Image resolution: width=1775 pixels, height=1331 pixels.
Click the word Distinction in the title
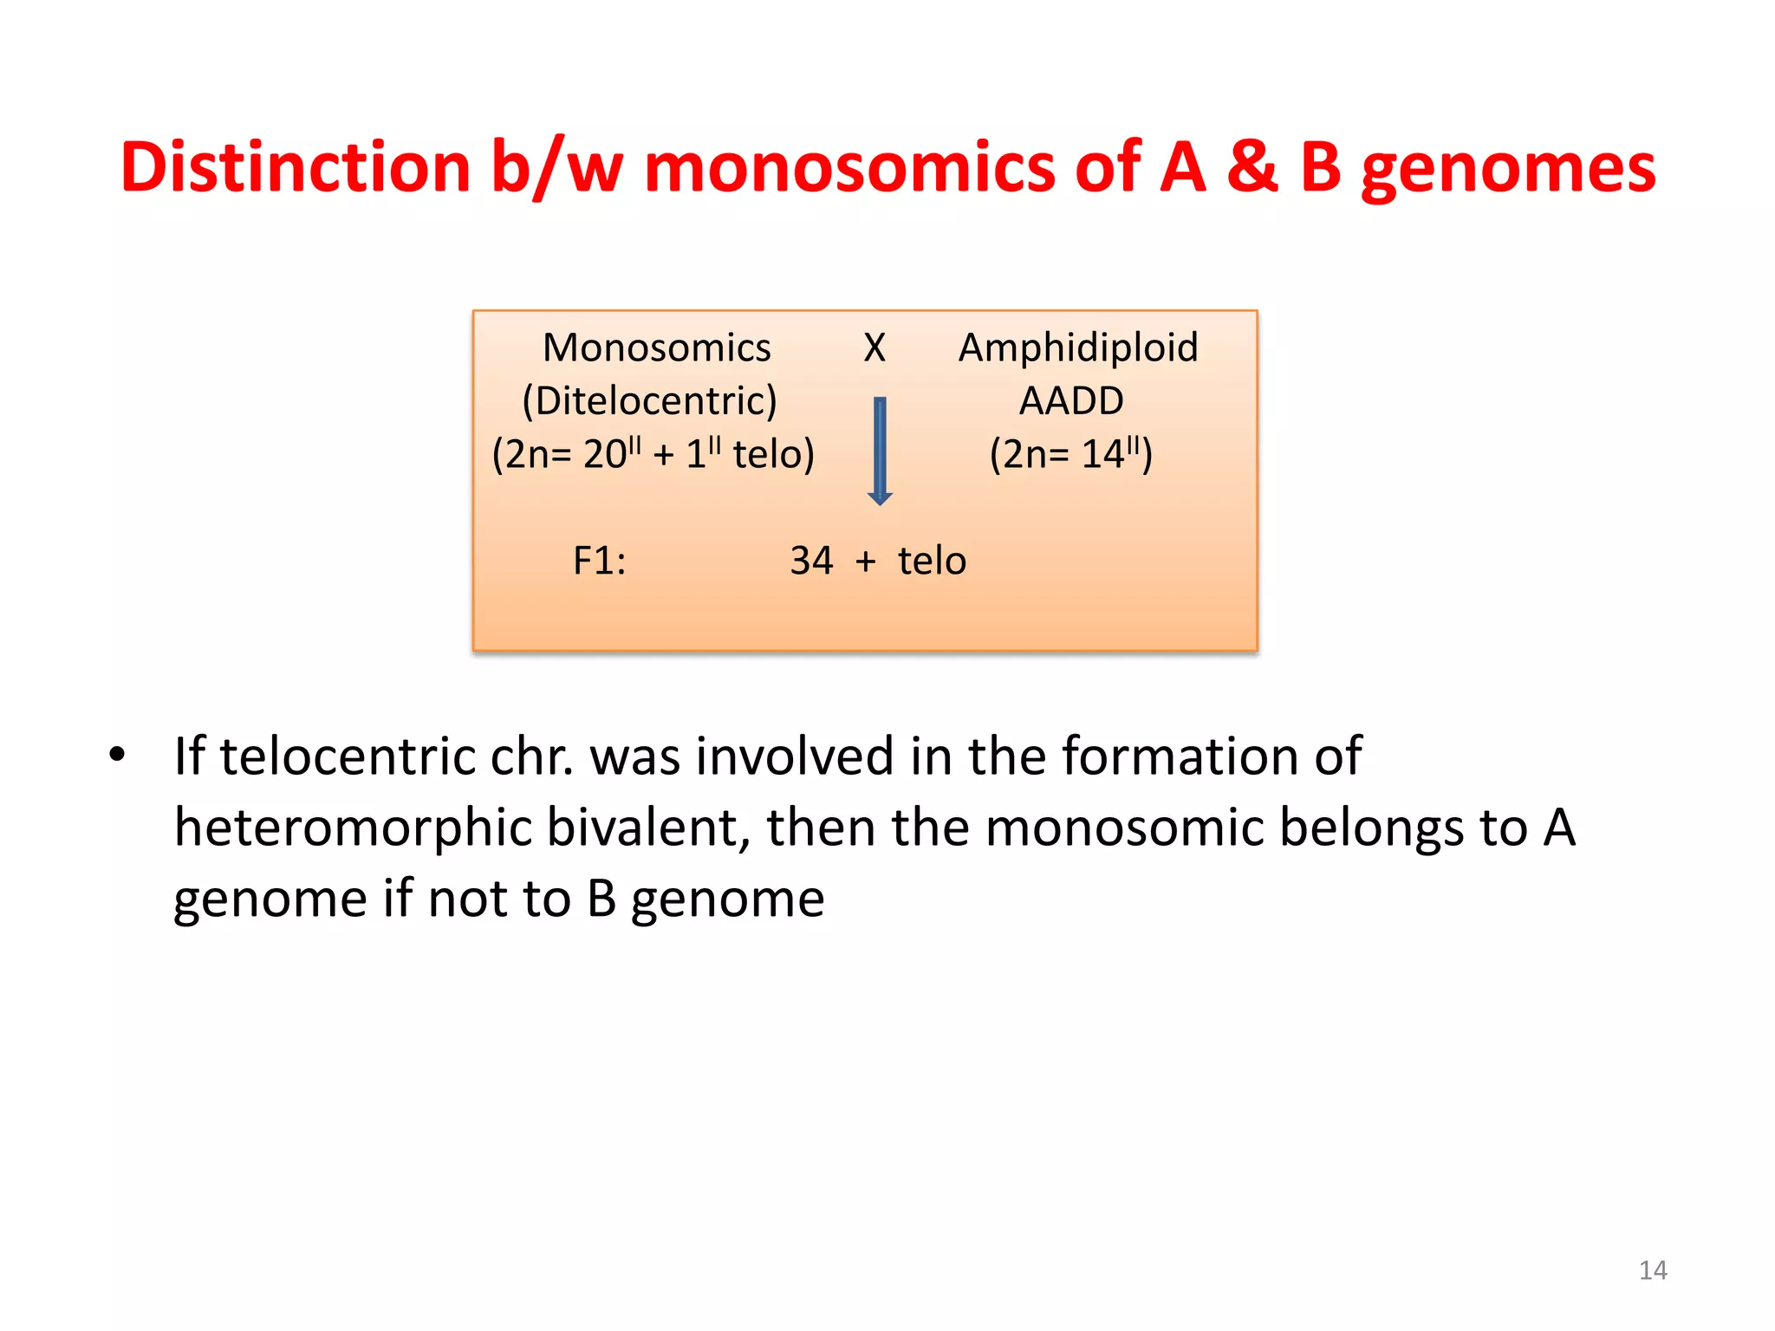[x=295, y=166]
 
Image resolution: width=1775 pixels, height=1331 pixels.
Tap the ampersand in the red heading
[x=1252, y=166]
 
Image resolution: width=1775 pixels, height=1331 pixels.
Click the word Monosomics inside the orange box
[x=656, y=347]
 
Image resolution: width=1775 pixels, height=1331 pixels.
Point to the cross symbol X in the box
[x=874, y=347]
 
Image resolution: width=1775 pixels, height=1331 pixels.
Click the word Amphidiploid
[x=1077, y=347]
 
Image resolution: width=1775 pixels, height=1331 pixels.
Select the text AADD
[x=1071, y=401]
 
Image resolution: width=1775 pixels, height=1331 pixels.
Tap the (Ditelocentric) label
[x=649, y=401]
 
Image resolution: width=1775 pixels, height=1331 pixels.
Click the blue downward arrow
[x=880, y=451]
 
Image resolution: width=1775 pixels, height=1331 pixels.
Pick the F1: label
[x=599, y=561]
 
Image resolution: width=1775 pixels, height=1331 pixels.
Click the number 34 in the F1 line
[x=810, y=561]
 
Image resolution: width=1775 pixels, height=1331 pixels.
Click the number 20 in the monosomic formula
[x=604, y=455]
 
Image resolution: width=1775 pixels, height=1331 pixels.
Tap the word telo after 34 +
[x=931, y=561]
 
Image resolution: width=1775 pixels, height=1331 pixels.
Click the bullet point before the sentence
[x=117, y=754]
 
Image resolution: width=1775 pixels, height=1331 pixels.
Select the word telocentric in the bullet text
[x=348, y=756]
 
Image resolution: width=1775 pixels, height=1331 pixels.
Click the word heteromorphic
[x=353, y=828]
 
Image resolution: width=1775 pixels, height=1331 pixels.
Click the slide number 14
[x=1652, y=1270]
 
